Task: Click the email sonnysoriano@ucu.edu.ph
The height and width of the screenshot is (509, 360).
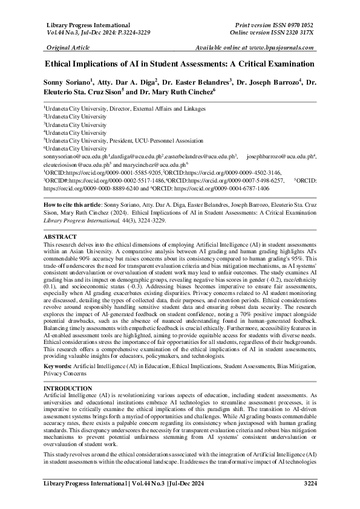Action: pos(74,156)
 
